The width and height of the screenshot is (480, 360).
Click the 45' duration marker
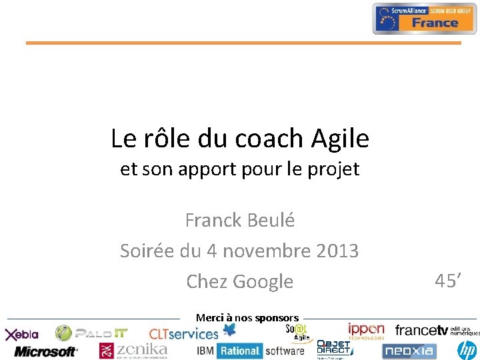click(448, 281)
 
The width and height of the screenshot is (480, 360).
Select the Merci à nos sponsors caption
click(247, 318)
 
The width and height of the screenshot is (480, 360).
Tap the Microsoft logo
click(45, 351)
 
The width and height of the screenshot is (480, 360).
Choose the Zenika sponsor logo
click(133, 350)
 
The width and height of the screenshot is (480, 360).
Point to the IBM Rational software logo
click(250, 351)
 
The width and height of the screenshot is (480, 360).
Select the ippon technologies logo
click(366, 331)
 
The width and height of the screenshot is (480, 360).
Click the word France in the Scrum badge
click(434, 23)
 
